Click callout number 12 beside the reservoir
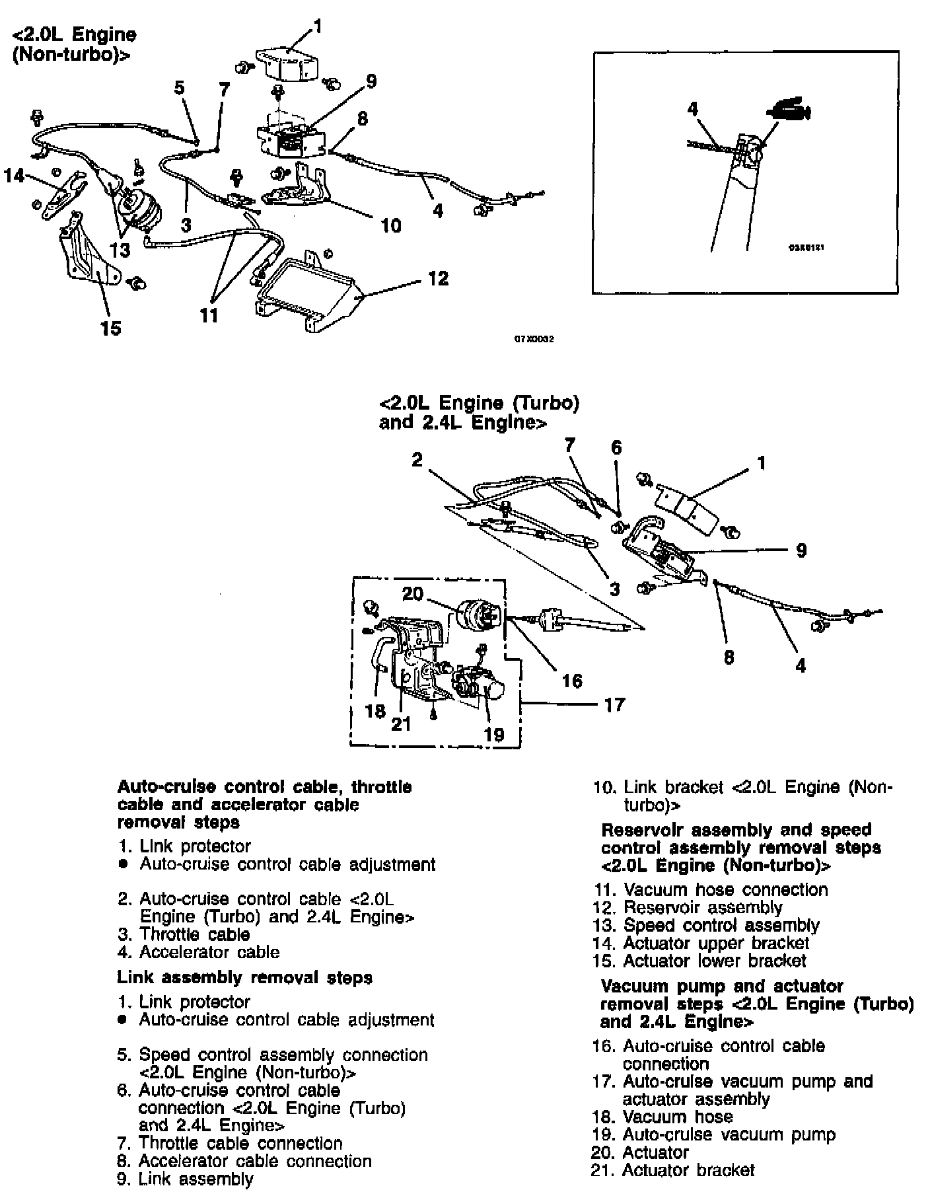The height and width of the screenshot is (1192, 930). [x=438, y=278]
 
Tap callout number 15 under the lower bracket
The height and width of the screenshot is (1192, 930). [x=111, y=328]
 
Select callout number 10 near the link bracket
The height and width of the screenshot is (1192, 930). [x=391, y=226]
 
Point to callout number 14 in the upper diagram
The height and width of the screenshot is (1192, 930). [x=14, y=176]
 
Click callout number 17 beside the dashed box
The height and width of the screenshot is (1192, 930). [x=614, y=705]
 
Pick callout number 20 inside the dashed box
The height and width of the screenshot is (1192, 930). [x=412, y=593]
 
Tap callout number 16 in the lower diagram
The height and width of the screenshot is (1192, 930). [x=572, y=681]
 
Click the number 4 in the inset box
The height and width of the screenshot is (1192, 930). [x=692, y=108]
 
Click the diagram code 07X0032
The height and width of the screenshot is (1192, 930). [x=534, y=340]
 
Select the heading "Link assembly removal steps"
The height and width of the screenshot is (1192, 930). [x=244, y=977]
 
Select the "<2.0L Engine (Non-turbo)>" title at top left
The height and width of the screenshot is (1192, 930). [x=74, y=44]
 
